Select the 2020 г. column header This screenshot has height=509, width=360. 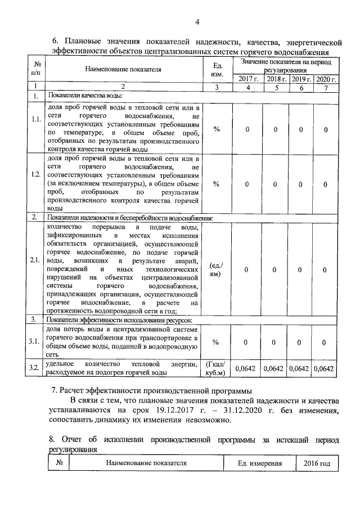(x=326, y=79)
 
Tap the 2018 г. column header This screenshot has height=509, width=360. (x=276, y=79)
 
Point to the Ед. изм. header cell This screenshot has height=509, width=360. (x=217, y=70)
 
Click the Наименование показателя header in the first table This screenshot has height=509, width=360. (x=123, y=70)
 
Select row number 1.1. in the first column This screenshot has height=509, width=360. (x=35, y=120)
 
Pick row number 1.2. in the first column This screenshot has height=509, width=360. (x=35, y=174)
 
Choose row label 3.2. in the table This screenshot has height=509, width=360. (x=35, y=368)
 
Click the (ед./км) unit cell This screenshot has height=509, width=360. (x=217, y=269)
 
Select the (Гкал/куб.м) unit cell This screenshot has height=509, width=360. (x=217, y=368)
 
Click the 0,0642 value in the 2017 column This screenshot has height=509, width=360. (x=245, y=368)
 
